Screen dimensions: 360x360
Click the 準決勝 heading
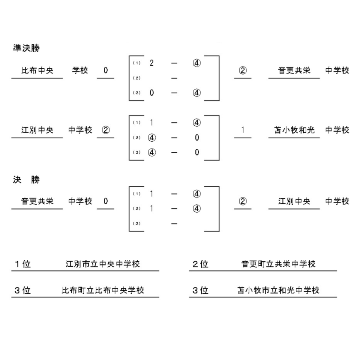click(26, 48)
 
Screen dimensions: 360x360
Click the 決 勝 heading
click(26, 180)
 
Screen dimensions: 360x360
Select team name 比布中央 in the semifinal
click(37, 70)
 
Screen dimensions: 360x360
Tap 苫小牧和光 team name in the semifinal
click(294, 130)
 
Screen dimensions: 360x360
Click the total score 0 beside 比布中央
click(106, 70)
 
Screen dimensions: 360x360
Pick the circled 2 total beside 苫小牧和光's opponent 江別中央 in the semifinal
click(106, 130)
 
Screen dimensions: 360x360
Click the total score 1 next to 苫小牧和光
click(243, 130)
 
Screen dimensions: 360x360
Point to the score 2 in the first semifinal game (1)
click(151, 63)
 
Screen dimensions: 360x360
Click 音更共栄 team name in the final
click(37, 201)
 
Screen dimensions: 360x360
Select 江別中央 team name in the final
click(294, 201)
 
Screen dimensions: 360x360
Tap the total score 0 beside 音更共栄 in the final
click(106, 201)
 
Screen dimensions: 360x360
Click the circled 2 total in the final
click(243, 201)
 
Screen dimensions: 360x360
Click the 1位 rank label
click(23, 264)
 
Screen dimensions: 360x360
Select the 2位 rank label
click(200, 264)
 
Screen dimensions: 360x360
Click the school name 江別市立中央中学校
click(103, 264)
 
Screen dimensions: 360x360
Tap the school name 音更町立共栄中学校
click(278, 264)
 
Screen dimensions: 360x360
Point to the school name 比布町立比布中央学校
click(103, 290)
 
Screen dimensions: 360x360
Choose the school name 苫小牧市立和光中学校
click(278, 290)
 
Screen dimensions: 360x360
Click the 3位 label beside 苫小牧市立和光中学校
click(200, 290)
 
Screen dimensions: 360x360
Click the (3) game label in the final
click(136, 223)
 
